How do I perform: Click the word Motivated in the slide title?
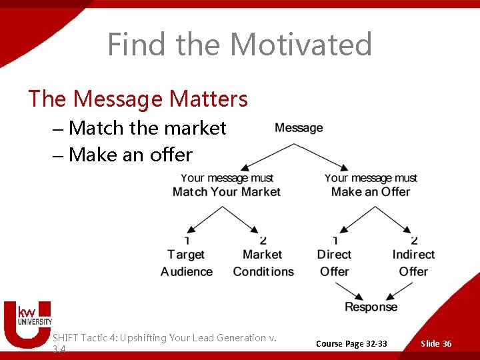pyautogui.click(x=301, y=45)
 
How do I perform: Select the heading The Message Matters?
pyautogui.click(x=138, y=99)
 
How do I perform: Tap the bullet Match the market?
pyautogui.click(x=147, y=128)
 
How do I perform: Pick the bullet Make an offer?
pyautogui.click(x=130, y=155)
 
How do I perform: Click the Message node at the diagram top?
pyautogui.click(x=299, y=128)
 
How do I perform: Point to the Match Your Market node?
pyautogui.click(x=227, y=185)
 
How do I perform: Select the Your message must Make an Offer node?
pyautogui.click(x=371, y=185)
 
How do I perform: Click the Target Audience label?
pyautogui.click(x=187, y=263)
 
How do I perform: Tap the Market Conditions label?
pyautogui.click(x=263, y=263)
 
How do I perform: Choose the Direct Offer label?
pyautogui.click(x=334, y=263)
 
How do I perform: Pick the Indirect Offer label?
pyautogui.click(x=413, y=263)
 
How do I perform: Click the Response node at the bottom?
pyautogui.click(x=371, y=307)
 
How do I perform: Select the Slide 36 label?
pyautogui.click(x=436, y=343)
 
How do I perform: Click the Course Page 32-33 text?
pyautogui.click(x=351, y=343)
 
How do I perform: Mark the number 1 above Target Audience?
pyautogui.click(x=187, y=241)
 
